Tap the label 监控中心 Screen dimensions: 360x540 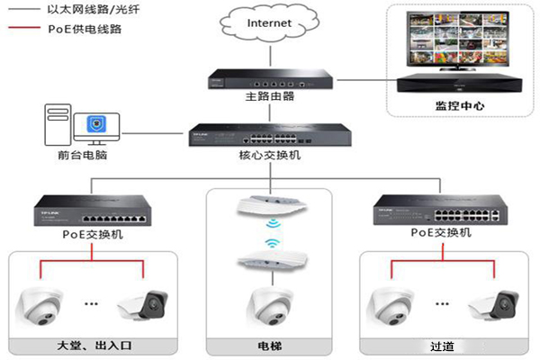[x=459, y=105]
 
